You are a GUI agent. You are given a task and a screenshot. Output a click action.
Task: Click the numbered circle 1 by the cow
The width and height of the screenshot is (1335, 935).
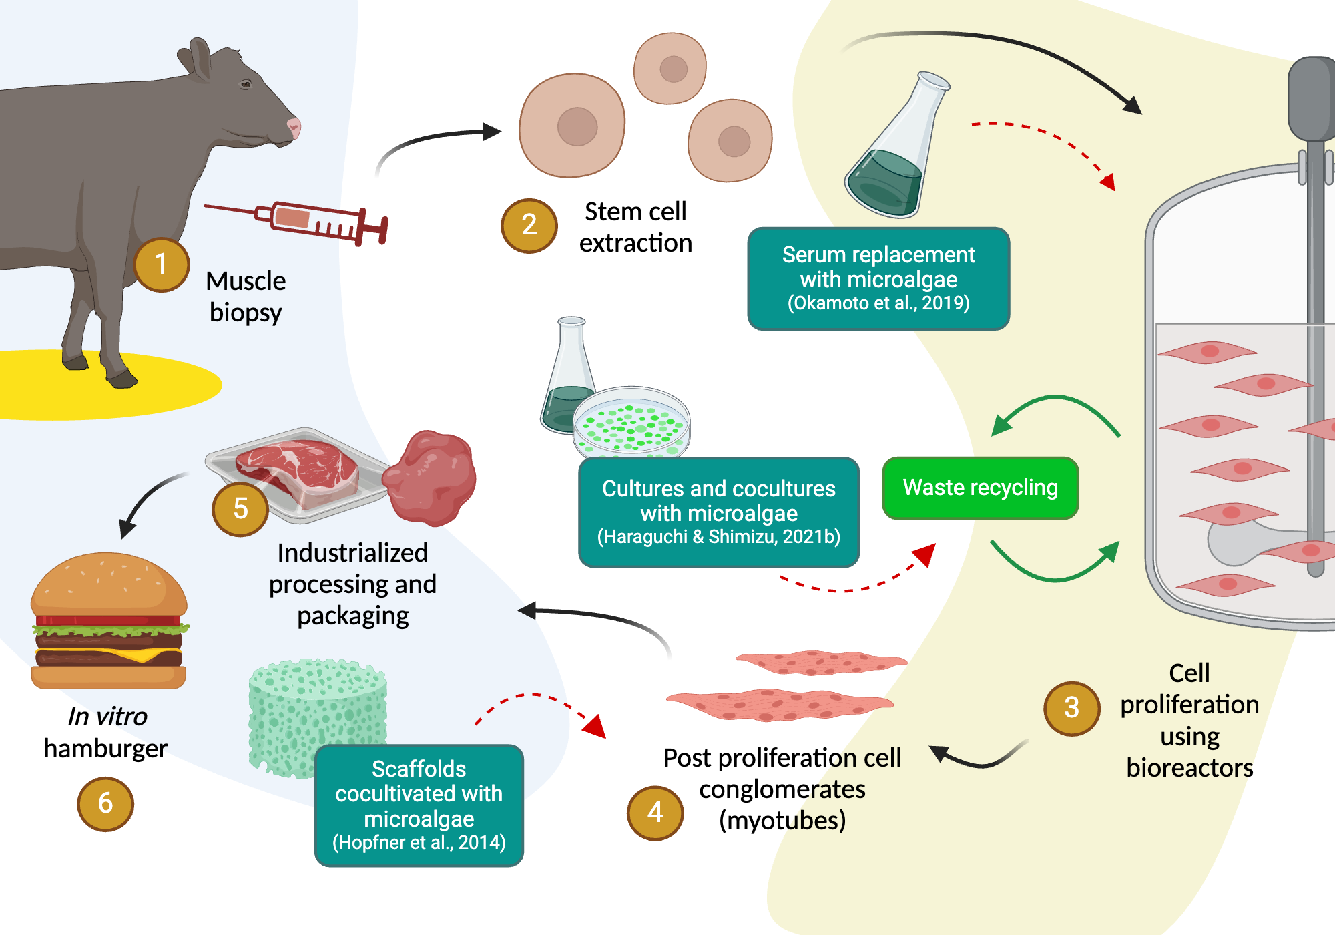click(162, 265)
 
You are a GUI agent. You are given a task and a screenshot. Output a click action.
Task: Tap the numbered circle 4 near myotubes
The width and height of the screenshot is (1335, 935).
click(655, 813)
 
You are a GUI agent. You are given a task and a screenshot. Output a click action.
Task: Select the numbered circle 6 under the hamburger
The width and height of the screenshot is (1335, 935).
click(105, 803)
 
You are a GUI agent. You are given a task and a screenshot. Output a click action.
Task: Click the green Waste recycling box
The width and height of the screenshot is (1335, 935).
click(980, 488)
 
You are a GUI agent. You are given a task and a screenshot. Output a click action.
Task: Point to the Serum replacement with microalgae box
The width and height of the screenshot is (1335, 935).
click(878, 278)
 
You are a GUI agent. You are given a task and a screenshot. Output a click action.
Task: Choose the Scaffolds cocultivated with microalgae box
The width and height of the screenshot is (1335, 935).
click(419, 805)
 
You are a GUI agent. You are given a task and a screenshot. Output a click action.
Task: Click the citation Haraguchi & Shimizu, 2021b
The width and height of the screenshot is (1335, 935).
click(719, 537)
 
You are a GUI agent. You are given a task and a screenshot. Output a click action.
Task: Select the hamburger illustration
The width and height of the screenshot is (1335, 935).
click(109, 621)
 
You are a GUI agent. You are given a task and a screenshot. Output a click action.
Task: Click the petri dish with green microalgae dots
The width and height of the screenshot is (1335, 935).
click(631, 422)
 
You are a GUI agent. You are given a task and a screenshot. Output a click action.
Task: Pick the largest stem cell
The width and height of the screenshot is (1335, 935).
click(573, 126)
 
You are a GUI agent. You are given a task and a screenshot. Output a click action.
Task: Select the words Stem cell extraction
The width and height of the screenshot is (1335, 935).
click(635, 227)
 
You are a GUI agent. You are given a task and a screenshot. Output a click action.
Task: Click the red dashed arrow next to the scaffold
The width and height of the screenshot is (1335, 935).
click(541, 708)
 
